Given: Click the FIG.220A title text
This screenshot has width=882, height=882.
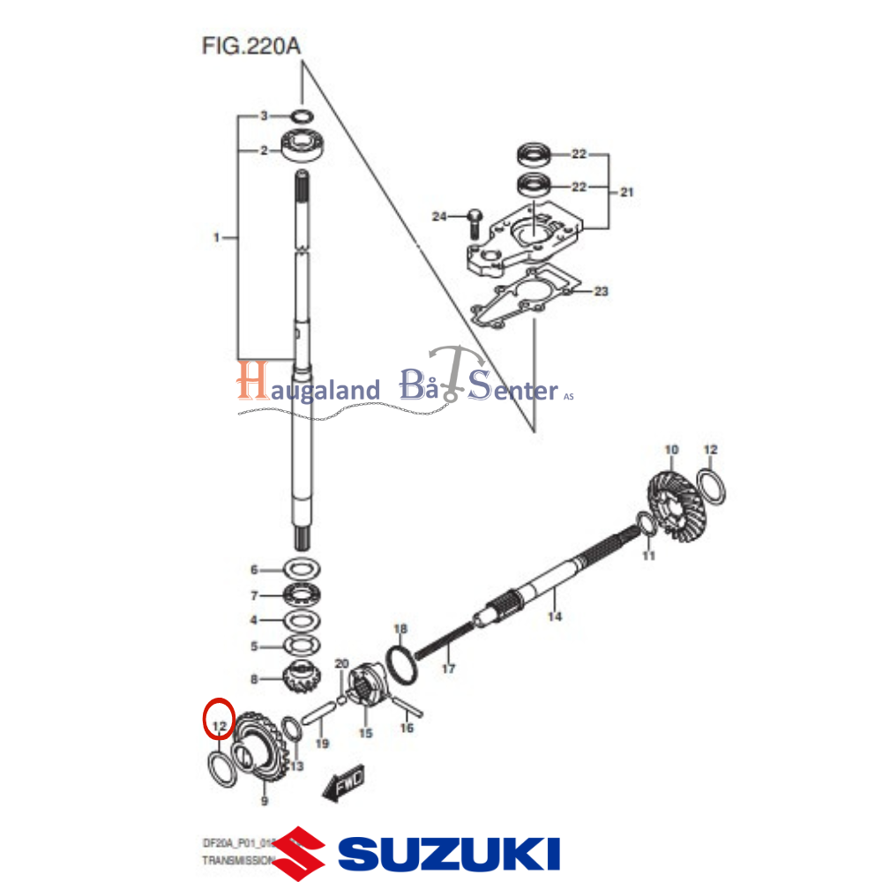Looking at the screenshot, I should click(x=251, y=45).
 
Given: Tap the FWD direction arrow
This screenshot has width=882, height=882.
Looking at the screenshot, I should click(x=344, y=781).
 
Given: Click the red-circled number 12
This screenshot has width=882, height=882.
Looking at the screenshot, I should click(x=217, y=728).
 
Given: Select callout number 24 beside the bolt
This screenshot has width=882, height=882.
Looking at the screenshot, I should click(x=439, y=216).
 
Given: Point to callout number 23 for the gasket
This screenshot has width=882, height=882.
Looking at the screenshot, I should click(x=601, y=291).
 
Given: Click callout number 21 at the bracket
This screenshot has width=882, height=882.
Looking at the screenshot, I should click(x=627, y=191).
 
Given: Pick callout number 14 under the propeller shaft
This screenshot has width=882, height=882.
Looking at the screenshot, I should click(x=554, y=617).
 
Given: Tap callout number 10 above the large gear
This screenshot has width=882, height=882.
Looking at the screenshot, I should click(x=671, y=451).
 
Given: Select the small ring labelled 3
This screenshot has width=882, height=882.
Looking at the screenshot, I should click(x=302, y=116).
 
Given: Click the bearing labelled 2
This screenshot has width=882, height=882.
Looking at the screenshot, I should click(x=304, y=145).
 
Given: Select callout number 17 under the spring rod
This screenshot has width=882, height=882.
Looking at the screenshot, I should click(x=448, y=669).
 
